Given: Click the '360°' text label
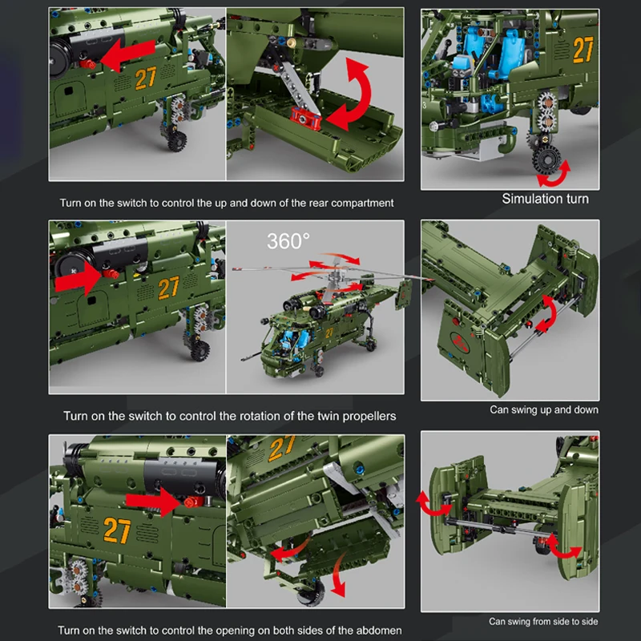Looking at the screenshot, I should pos(288,241).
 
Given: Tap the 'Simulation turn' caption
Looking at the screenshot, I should pos(545,199).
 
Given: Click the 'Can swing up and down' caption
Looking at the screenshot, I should pos(544,409).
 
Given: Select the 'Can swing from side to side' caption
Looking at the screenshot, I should pos(544,621).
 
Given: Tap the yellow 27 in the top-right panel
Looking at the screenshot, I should pos(583,50).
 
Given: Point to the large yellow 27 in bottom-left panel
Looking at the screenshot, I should pos(117,530).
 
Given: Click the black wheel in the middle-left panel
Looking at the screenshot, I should pos(200,349).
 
